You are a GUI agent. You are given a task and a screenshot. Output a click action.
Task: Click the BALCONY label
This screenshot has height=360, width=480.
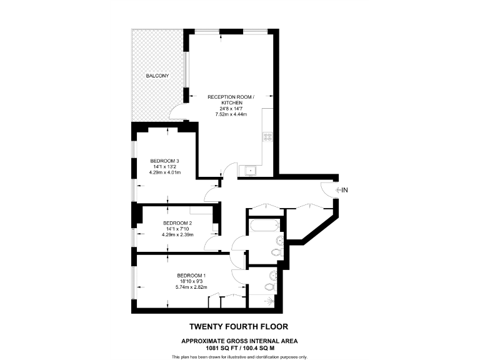click(157, 76)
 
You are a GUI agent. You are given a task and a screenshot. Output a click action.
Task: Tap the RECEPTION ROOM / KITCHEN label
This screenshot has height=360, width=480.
click(231, 99)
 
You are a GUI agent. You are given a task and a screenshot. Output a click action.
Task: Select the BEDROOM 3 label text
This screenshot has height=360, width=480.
click(165, 161)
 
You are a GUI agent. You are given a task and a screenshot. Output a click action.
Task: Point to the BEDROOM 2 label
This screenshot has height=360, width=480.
click(177, 223)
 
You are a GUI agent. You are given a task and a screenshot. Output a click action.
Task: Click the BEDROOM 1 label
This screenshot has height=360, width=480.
click(191, 276)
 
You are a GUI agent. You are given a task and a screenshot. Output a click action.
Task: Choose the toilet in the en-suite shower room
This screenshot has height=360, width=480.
click(269, 287)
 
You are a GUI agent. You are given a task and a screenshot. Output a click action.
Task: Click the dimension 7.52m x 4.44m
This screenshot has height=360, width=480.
click(231, 114)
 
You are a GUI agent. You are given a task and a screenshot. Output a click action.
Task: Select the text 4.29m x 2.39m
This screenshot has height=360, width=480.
click(177, 234)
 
